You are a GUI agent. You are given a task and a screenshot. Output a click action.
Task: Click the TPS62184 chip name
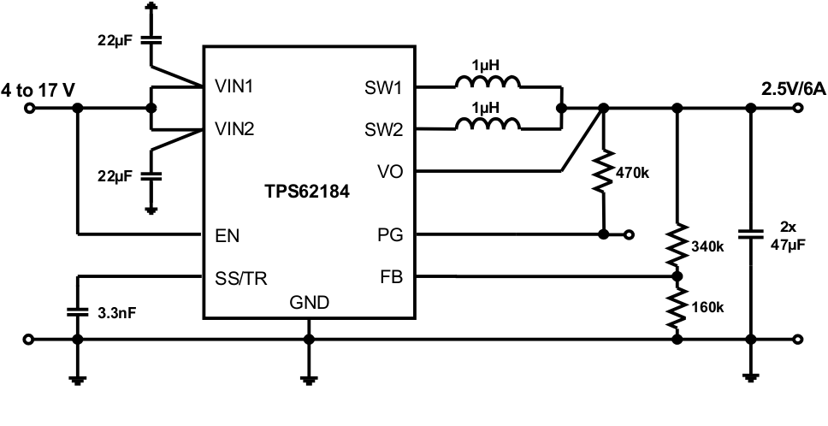click(307, 193)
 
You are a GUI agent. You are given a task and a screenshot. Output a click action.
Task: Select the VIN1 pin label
click(233, 87)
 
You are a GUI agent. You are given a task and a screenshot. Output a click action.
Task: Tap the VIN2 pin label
click(233, 130)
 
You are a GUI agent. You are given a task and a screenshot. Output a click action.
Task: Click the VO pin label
click(390, 171)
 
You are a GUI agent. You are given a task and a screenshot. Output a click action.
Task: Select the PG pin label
click(390, 234)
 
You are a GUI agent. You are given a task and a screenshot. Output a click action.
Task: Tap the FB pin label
click(391, 277)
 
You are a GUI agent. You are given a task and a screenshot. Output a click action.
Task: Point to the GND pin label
click(310, 302)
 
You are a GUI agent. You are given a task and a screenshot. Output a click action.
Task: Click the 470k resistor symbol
click(604, 171)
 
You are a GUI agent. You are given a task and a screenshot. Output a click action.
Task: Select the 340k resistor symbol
click(677, 245)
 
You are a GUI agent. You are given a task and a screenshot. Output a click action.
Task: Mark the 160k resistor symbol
click(677, 307)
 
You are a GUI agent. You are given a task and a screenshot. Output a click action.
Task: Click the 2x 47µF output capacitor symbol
click(751, 233)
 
